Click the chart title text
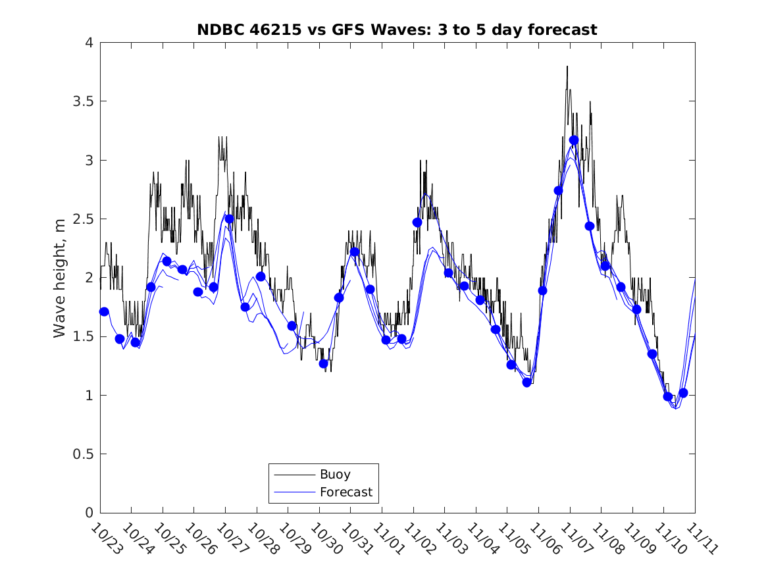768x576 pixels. click(x=397, y=30)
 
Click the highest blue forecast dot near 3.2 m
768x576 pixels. click(x=574, y=140)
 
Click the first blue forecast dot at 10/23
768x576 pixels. click(x=104, y=311)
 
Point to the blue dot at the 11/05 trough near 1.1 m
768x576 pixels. click(x=526, y=382)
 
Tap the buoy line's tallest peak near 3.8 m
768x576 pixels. click(x=567, y=66)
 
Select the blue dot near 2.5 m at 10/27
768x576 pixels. click(x=229, y=219)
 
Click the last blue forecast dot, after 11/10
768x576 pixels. click(x=683, y=393)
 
